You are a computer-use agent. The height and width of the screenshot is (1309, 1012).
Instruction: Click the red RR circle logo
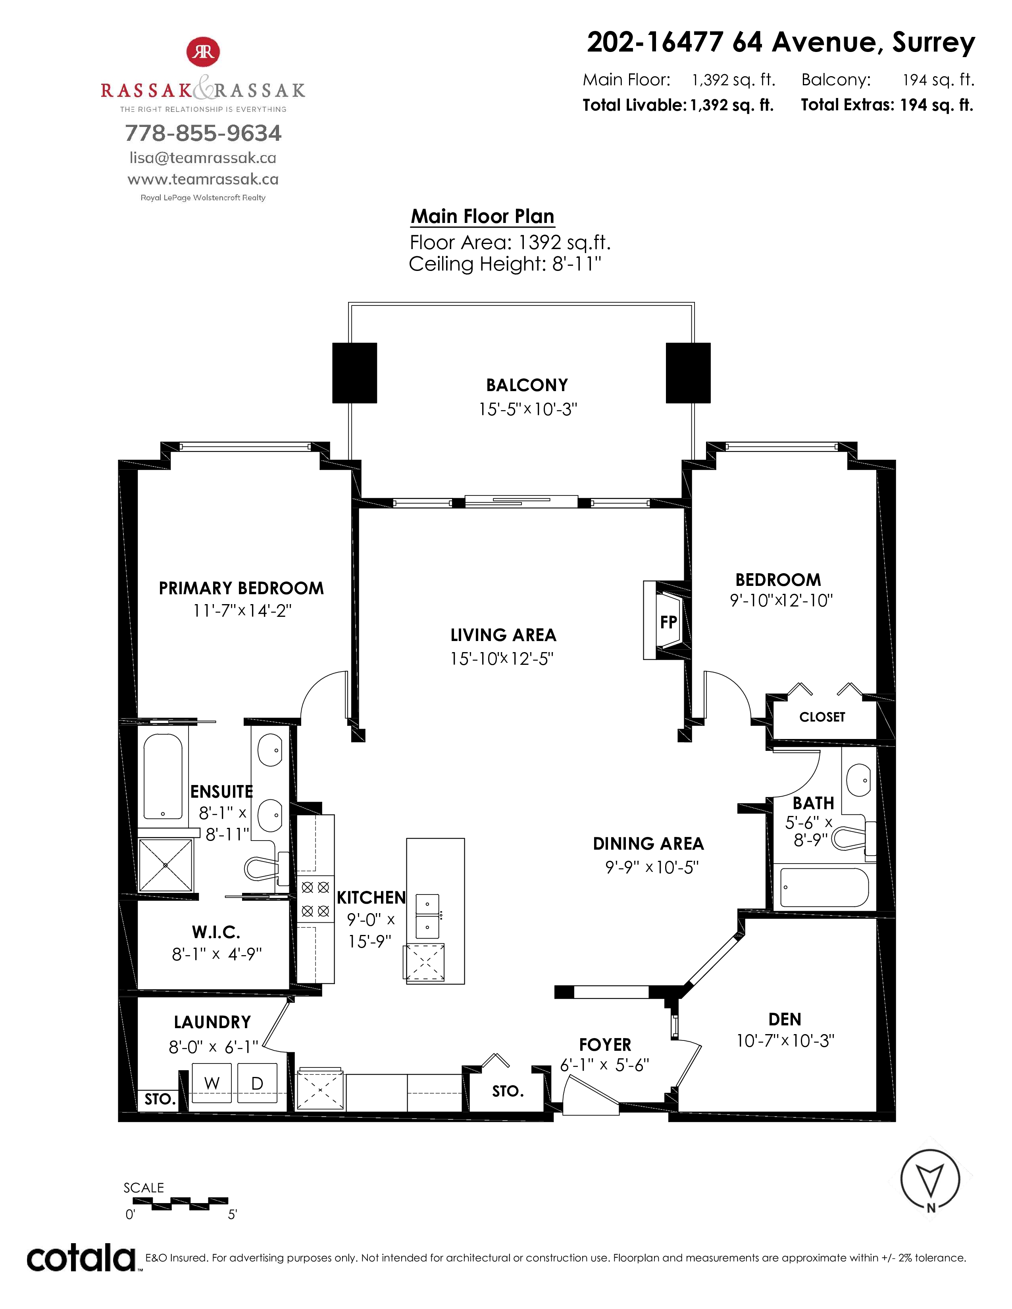point(203,52)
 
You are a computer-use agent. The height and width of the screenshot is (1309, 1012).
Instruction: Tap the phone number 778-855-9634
point(203,133)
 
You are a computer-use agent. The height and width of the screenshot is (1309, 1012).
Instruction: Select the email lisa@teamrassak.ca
point(203,157)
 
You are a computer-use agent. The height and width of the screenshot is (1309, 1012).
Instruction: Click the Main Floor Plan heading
point(483,216)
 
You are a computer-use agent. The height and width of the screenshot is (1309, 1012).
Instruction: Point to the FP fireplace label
point(668,622)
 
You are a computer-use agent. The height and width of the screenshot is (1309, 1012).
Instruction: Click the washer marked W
point(212,1083)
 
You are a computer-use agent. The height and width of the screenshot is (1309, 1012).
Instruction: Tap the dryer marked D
point(257,1083)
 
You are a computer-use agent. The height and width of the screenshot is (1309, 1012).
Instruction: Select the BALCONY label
point(527,385)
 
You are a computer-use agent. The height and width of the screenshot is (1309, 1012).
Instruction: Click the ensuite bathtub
point(163,776)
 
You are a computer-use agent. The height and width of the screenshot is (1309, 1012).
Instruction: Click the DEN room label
point(785,1019)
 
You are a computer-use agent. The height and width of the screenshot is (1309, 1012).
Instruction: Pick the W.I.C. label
point(216,932)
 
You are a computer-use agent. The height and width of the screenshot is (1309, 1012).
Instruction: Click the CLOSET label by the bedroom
point(822,717)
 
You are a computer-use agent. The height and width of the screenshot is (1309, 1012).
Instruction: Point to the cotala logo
point(81,1257)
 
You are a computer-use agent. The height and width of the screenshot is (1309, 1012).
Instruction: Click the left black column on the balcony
point(355,373)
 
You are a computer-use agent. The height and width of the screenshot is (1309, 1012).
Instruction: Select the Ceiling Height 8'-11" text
point(505,264)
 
